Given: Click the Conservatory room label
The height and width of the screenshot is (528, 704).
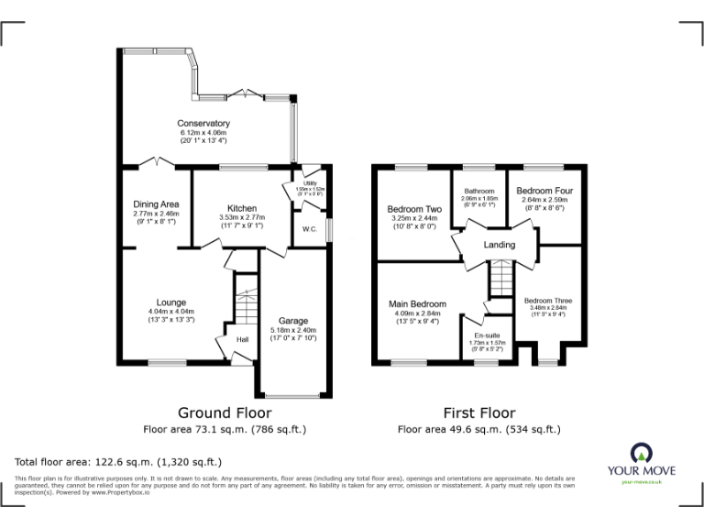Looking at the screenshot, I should coord(203,124).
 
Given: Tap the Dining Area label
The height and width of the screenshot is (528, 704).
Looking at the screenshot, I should coord(155,203).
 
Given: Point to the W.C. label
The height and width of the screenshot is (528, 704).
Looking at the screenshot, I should coord(310,229).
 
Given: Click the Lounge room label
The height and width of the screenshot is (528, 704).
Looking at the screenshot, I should coord(171,302).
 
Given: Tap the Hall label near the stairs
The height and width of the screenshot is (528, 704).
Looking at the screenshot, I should coord(243,340).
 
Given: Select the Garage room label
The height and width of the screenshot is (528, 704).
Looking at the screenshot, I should coord(293,321).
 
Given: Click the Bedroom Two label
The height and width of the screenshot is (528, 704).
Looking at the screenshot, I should coord(415,209).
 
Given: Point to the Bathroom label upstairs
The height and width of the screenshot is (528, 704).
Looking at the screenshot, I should coord(478,191).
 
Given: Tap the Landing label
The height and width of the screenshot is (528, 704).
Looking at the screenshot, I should coord(500,245).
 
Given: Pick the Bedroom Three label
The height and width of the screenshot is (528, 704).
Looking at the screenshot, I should coord(547,300).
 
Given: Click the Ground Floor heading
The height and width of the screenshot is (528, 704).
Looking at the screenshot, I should coord(224,412).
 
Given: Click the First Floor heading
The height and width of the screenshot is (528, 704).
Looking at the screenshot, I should coord(478,412).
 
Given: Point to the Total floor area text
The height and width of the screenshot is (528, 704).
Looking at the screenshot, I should coord(118,462).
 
